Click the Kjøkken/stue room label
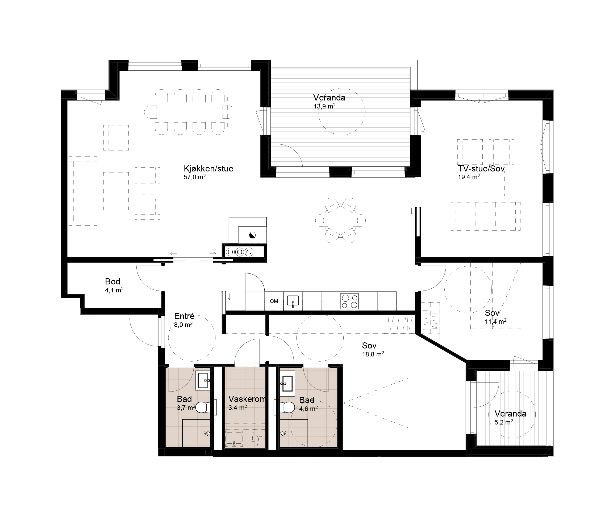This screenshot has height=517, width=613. [208, 169]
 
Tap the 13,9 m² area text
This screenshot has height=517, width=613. [324, 106]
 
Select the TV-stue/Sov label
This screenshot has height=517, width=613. [481, 169]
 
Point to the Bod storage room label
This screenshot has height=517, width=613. [112, 282]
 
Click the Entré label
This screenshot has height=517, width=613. [184, 316]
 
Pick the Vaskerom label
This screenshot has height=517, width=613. [247, 399]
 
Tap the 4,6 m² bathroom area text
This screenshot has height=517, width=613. [308, 409]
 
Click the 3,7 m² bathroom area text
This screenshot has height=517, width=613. [186, 408]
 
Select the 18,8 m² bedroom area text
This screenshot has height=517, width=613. [373, 354]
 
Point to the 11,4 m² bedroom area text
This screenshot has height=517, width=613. [495, 322]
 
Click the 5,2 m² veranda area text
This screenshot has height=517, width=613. [504, 422]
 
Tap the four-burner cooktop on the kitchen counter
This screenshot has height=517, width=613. [349, 301]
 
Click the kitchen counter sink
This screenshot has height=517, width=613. [293, 301]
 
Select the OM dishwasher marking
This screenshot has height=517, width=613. [274, 301]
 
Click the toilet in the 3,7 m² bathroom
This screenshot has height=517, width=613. [202, 407]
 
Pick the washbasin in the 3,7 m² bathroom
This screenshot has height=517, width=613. [203, 381]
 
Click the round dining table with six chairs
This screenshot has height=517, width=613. [341, 220]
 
